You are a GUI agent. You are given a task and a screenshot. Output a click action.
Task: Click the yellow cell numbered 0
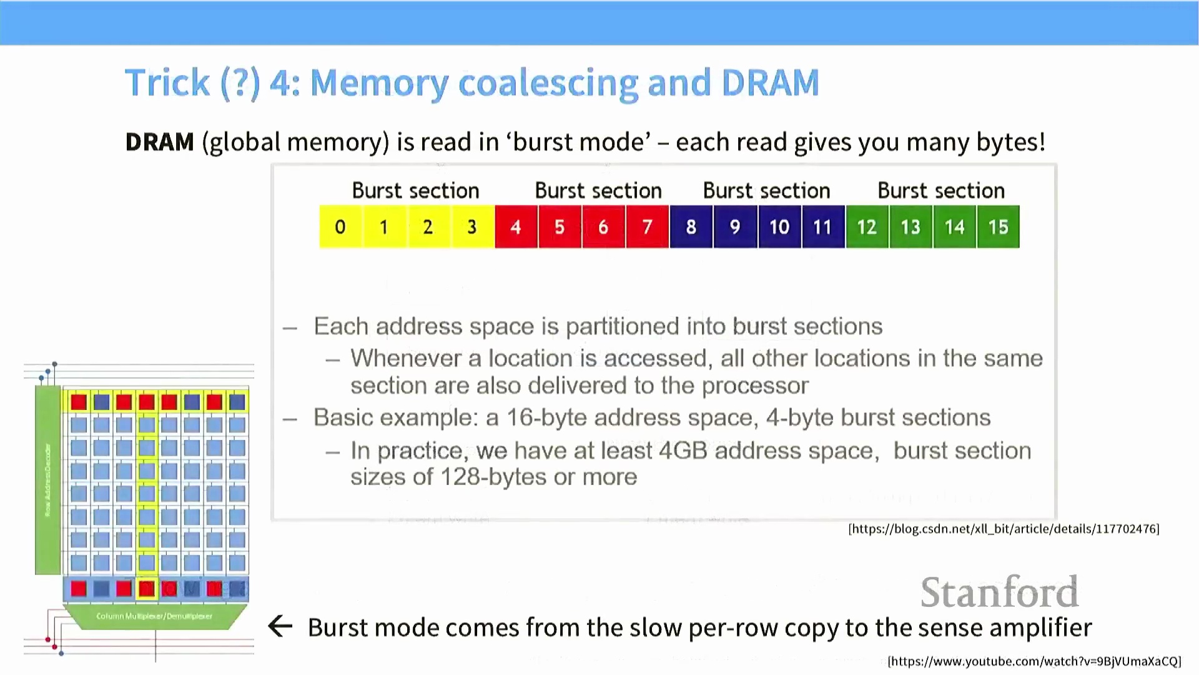coord(340,227)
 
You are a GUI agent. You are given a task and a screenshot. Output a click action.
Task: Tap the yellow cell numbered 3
coord(472,227)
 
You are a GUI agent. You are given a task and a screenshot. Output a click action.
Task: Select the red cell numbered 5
coord(560,227)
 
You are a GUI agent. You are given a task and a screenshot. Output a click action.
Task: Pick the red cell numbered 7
coord(648,227)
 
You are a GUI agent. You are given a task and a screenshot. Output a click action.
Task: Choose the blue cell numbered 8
coord(691,227)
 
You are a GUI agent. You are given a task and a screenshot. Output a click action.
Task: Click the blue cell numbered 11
coord(822,227)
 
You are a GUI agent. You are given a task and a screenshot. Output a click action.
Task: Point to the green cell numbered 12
coord(867,227)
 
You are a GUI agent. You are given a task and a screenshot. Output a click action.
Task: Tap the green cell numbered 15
coord(998,227)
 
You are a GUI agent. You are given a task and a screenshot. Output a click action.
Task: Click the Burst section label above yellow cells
coord(415,191)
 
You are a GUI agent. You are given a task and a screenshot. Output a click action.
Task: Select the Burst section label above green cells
coord(941,191)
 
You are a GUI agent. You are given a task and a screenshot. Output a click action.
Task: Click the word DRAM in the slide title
coord(769,82)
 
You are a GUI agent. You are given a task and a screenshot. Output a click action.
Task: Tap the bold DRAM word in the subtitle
coord(160,142)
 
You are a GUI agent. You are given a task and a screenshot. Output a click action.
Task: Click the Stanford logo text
coord(999,592)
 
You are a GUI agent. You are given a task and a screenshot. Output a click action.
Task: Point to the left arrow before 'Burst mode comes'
coord(280,626)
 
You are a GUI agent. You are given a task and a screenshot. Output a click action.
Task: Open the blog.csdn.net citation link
coord(1004,529)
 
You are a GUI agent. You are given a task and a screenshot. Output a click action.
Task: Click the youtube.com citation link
coord(1034,661)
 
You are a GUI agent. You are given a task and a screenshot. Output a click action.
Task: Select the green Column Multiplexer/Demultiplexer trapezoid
coord(154,616)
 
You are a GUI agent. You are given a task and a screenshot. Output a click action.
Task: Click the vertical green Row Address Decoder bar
coord(48,480)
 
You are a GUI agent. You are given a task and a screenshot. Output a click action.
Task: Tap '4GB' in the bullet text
coord(683,451)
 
